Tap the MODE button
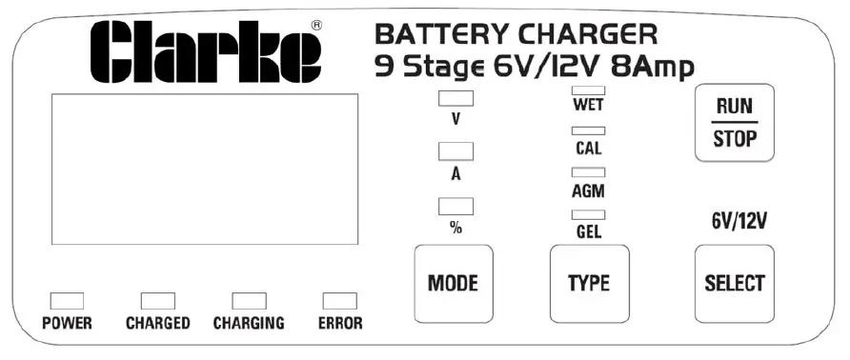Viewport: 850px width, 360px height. [x=453, y=283]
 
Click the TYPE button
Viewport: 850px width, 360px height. [x=589, y=283]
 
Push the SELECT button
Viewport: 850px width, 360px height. [x=734, y=283]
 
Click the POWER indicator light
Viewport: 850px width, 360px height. [x=67, y=301]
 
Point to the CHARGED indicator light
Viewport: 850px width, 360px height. [x=158, y=301]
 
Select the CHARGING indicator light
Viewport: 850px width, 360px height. [x=249, y=301]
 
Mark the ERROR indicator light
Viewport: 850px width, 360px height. [x=339, y=301]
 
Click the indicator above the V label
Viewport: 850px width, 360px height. [x=455, y=97]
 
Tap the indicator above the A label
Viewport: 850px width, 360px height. [x=455, y=151]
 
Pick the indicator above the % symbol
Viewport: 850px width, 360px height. [x=455, y=206]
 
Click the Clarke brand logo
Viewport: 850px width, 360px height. [x=206, y=52]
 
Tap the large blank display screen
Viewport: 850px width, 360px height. [x=205, y=169]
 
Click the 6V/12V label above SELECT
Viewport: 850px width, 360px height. [x=739, y=222]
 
